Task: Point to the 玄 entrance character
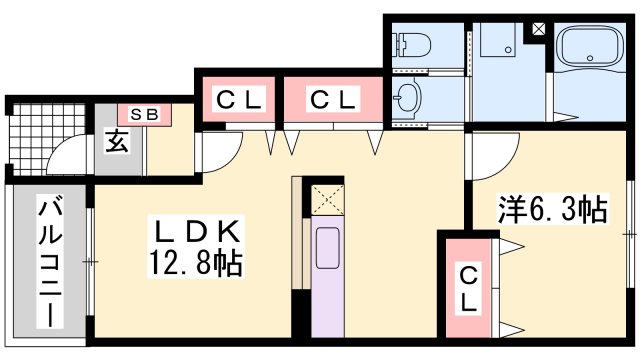tap(118, 141)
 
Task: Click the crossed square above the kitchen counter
tap(327, 197)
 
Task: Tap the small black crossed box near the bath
tap(539, 28)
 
